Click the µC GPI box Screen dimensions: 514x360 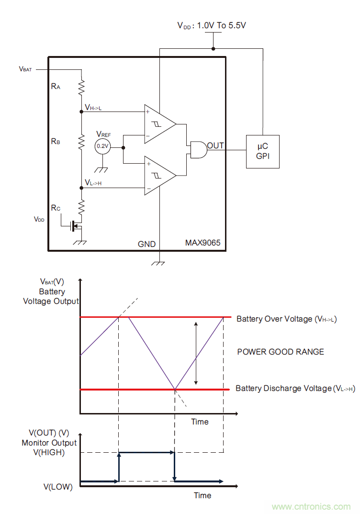pos(262,151)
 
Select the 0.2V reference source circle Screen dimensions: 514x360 pos(102,146)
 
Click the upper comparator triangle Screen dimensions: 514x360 pos(158,124)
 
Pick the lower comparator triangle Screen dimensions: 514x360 pos(158,176)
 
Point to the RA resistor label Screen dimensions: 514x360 pos(56,87)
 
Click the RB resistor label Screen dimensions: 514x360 pos(56,142)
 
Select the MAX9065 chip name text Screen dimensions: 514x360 pos(202,243)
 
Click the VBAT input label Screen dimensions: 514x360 pos(25,69)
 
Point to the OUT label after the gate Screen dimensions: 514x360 pos(215,145)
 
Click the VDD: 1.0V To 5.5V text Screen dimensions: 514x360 pos(212,25)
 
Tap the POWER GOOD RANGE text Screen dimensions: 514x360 pos(281,352)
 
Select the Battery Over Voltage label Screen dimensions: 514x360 pos(286,319)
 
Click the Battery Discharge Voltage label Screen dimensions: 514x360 pos(295,389)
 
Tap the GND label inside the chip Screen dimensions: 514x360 pos(146,244)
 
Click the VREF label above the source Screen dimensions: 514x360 pos(103,134)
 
